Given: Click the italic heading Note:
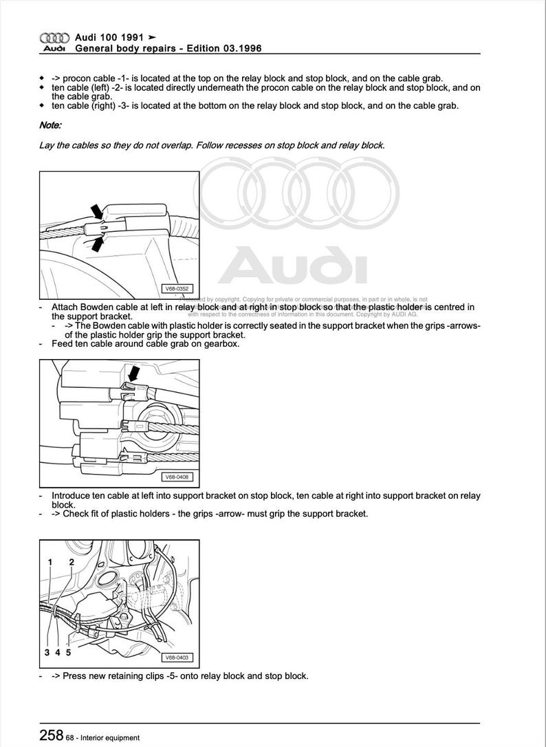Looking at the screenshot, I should point(50,125).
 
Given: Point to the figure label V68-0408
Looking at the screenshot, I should point(177,477).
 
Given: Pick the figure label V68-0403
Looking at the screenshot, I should point(177,658).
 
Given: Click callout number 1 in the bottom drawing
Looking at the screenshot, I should point(50,562).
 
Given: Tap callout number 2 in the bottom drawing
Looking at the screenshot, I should point(71,562).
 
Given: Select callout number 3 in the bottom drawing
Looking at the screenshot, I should point(47,652).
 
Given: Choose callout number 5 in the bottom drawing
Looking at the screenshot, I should point(68,652).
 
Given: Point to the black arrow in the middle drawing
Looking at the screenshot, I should point(134,374).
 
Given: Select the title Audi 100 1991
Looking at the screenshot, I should point(110,38).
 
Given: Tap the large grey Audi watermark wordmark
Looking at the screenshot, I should point(292,266).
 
